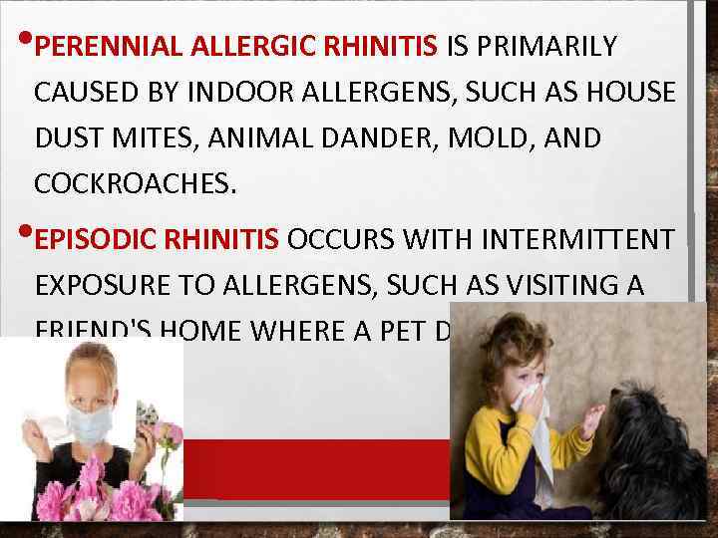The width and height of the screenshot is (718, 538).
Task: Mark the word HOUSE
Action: point(631,93)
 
